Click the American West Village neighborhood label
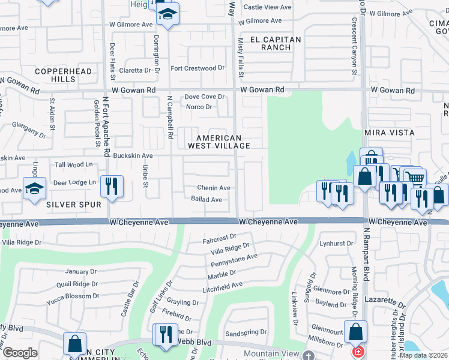(218, 142)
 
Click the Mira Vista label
(390, 132)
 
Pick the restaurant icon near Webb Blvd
(163, 334)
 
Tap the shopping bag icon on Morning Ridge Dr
(355, 331)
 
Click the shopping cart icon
(415, 178)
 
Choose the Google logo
(20, 352)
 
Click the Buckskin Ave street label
(133, 156)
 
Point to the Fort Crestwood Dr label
(197, 68)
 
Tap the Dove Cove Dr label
(204, 97)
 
